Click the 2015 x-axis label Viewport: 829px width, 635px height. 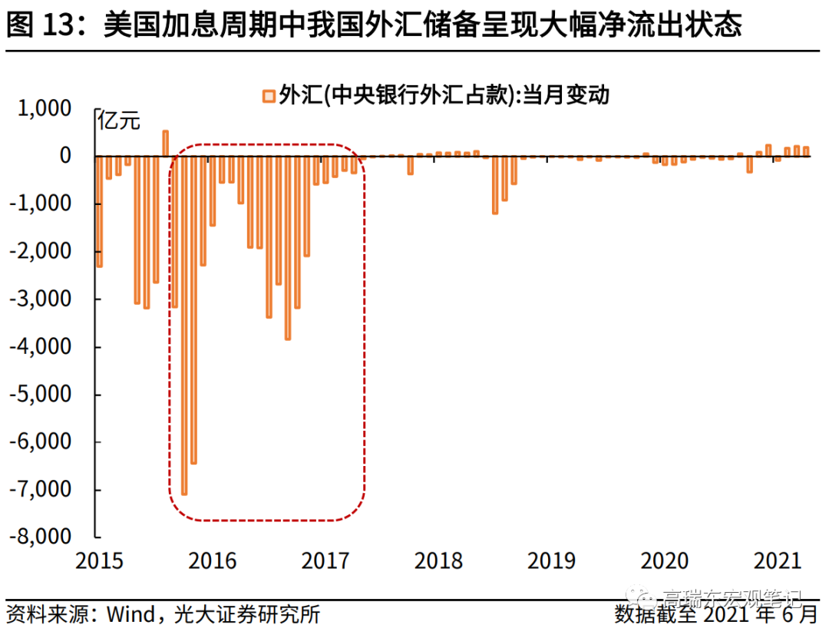point(99,561)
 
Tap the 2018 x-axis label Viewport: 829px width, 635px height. point(438,561)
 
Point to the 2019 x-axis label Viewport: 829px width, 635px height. point(551,561)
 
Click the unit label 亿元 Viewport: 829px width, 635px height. point(120,120)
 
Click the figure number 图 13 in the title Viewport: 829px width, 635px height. point(38,25)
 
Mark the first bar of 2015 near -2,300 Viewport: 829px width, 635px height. point(99,211)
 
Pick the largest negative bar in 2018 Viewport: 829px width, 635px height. point(495,184)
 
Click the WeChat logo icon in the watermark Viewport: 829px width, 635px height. point(636,597)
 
